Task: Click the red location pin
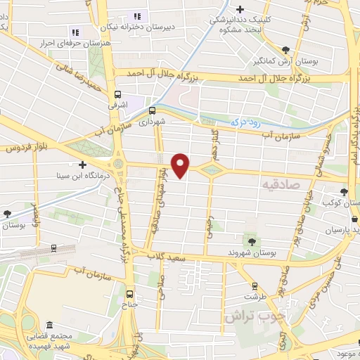(x=181, y=165)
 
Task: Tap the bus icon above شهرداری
(x=152, y=110)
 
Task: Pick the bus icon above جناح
(x=129, y=294)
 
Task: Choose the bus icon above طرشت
(x=255, y=286)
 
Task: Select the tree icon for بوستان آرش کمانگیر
(x=285, y=50)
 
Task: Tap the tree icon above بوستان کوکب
(x=343, y=191)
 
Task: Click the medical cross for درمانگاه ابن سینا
(x=82, y=164)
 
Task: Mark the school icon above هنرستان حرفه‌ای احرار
(x=75, y=32)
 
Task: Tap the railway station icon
(x=53, y=248)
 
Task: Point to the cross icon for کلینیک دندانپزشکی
(x=240, y=9)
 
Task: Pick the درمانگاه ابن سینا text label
(x=46, y=176)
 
